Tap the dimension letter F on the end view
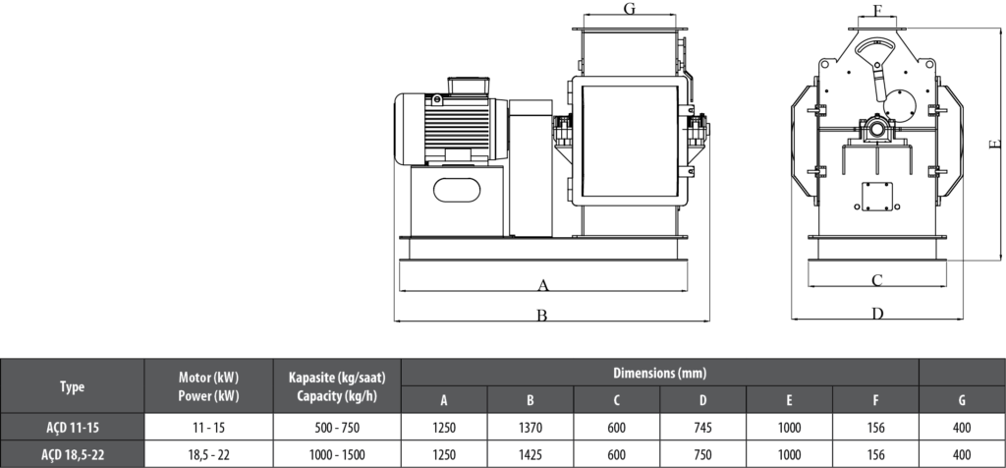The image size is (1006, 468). point(877,11)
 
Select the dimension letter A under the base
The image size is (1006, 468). point(542,285)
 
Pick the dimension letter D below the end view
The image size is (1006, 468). point(877,314)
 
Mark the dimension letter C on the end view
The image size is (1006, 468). point(877,279)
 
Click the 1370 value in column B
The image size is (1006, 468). point(530,428)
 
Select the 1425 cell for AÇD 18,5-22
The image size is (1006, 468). point(530,455)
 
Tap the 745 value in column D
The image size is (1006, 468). point(702,428)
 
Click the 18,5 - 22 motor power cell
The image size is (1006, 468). point(209,455)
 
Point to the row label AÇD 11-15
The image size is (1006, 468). point(72,428)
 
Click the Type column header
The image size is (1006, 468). point(72,387)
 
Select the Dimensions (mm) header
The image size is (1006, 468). point(659,374)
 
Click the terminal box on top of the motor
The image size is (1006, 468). point(469,87)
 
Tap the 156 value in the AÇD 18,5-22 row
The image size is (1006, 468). point(875,455)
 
